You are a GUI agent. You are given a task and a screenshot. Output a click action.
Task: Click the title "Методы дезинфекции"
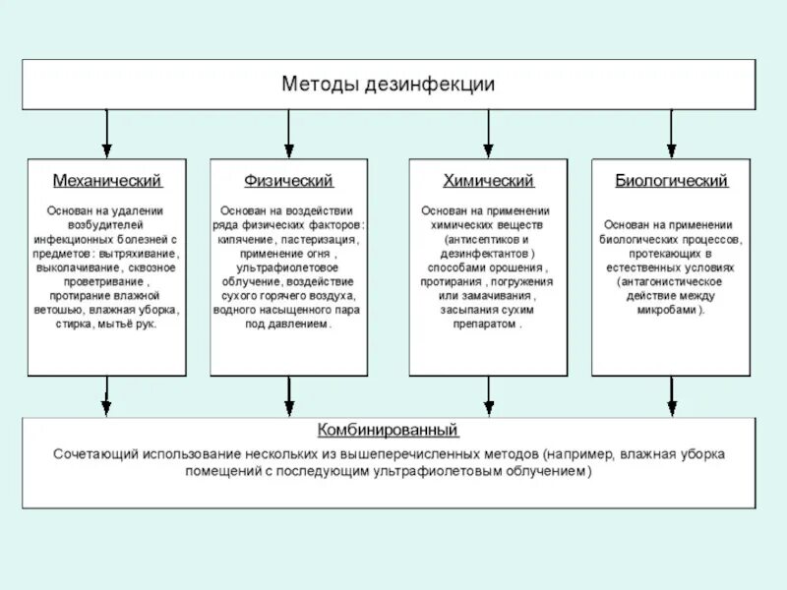(388, 85)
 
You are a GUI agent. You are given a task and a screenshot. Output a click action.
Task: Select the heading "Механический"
(106, 181)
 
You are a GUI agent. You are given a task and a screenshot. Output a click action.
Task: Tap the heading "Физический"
(288, 181)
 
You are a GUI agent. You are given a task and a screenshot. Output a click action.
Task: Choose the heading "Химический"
(488, 181)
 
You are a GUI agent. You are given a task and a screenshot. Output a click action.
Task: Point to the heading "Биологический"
(671, 181)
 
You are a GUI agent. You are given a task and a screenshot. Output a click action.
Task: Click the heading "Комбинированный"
(388, 430)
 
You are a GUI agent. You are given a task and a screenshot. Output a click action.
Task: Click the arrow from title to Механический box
(106, 133)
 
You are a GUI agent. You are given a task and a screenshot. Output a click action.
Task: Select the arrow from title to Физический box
(288, 133)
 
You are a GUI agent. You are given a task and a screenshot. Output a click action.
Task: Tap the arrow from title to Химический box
(488, 133)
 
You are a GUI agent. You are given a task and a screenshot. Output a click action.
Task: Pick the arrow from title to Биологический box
(671, 133)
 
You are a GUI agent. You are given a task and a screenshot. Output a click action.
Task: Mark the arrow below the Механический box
(106, 395)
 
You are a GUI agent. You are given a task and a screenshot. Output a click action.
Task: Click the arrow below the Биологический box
(671, 395)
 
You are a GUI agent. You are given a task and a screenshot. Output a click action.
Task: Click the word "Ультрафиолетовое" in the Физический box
(288, 267)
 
